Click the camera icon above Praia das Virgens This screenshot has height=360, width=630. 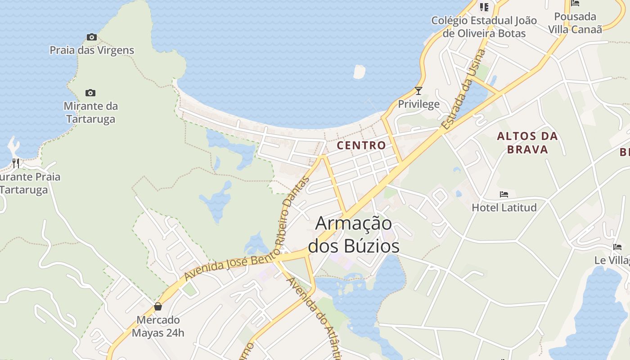[x=92, y=37]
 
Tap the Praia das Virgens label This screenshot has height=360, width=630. [x=92, y=50]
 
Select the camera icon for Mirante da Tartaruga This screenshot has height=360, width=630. [x=90, y=93]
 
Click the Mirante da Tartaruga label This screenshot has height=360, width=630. [x=90, y=112]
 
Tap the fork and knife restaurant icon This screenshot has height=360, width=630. [x=16, y=162]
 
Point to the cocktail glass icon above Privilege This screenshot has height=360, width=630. [x=418, y=91]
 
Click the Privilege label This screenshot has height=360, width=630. [x=418, y=104]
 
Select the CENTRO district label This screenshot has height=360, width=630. [x=361, y=145]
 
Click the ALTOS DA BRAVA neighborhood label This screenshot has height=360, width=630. [x=527, y=143]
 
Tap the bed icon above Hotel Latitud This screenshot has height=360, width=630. [x=504, y=194]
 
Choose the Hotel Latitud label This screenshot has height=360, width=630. [x=504, y=207]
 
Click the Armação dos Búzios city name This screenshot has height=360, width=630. [x=354, y=234]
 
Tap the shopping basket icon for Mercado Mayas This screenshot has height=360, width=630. [x=158, y=307]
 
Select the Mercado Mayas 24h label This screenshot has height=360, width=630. [x=158, y=326]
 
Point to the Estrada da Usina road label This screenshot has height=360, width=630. [x=464, y=90]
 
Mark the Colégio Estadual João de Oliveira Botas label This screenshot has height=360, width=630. [x=484, y=27]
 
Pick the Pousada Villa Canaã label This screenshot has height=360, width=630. [x=575, y=23]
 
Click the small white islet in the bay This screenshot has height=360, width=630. [x=359, y=72]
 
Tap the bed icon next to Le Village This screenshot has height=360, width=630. [x=617, y=247]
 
